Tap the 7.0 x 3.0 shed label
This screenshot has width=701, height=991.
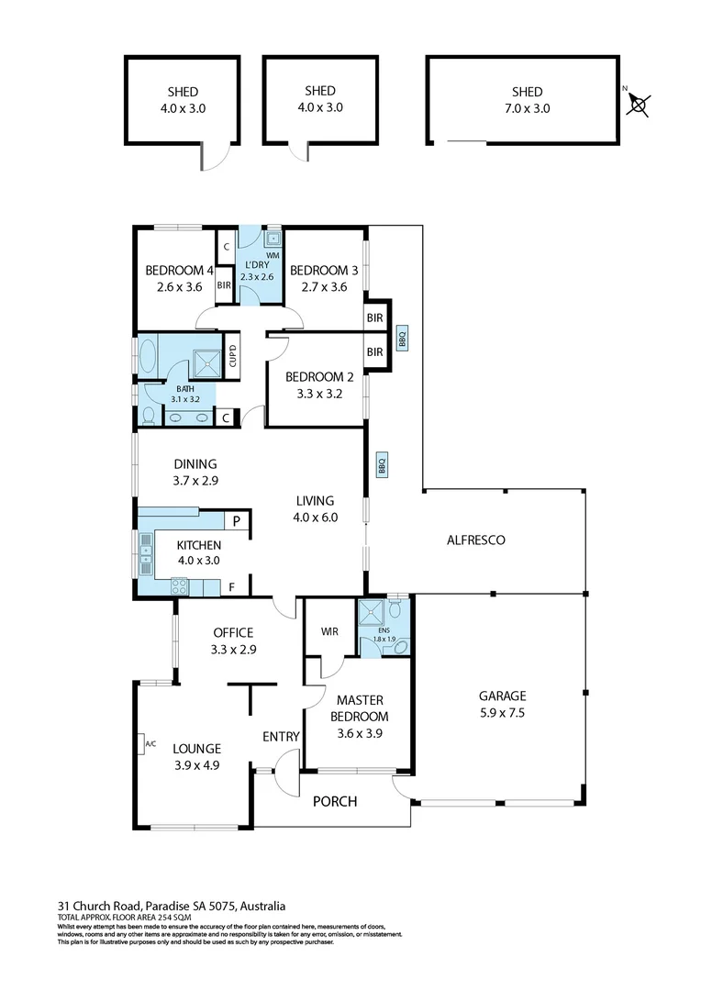(x=528, y=99)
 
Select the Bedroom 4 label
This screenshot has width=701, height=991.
(x=179, y=278)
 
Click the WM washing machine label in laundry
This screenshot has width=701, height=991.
(x=273, y=255)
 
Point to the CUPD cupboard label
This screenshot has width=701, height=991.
(x=233, y=355)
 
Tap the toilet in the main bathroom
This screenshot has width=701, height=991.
(x=148, y=415)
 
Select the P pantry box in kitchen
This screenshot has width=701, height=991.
(x=236, y=521)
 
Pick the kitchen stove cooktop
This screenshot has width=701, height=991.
(x=179, y=584)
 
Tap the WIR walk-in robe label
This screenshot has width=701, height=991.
(x=330, y=631)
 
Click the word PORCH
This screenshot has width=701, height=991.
(x=335, y=801)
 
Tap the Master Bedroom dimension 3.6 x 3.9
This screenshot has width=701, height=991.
(x=359, y=732)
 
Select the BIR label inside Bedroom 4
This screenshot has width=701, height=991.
(x=224, y=285)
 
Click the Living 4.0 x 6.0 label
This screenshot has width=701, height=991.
(x=316, y=508)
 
